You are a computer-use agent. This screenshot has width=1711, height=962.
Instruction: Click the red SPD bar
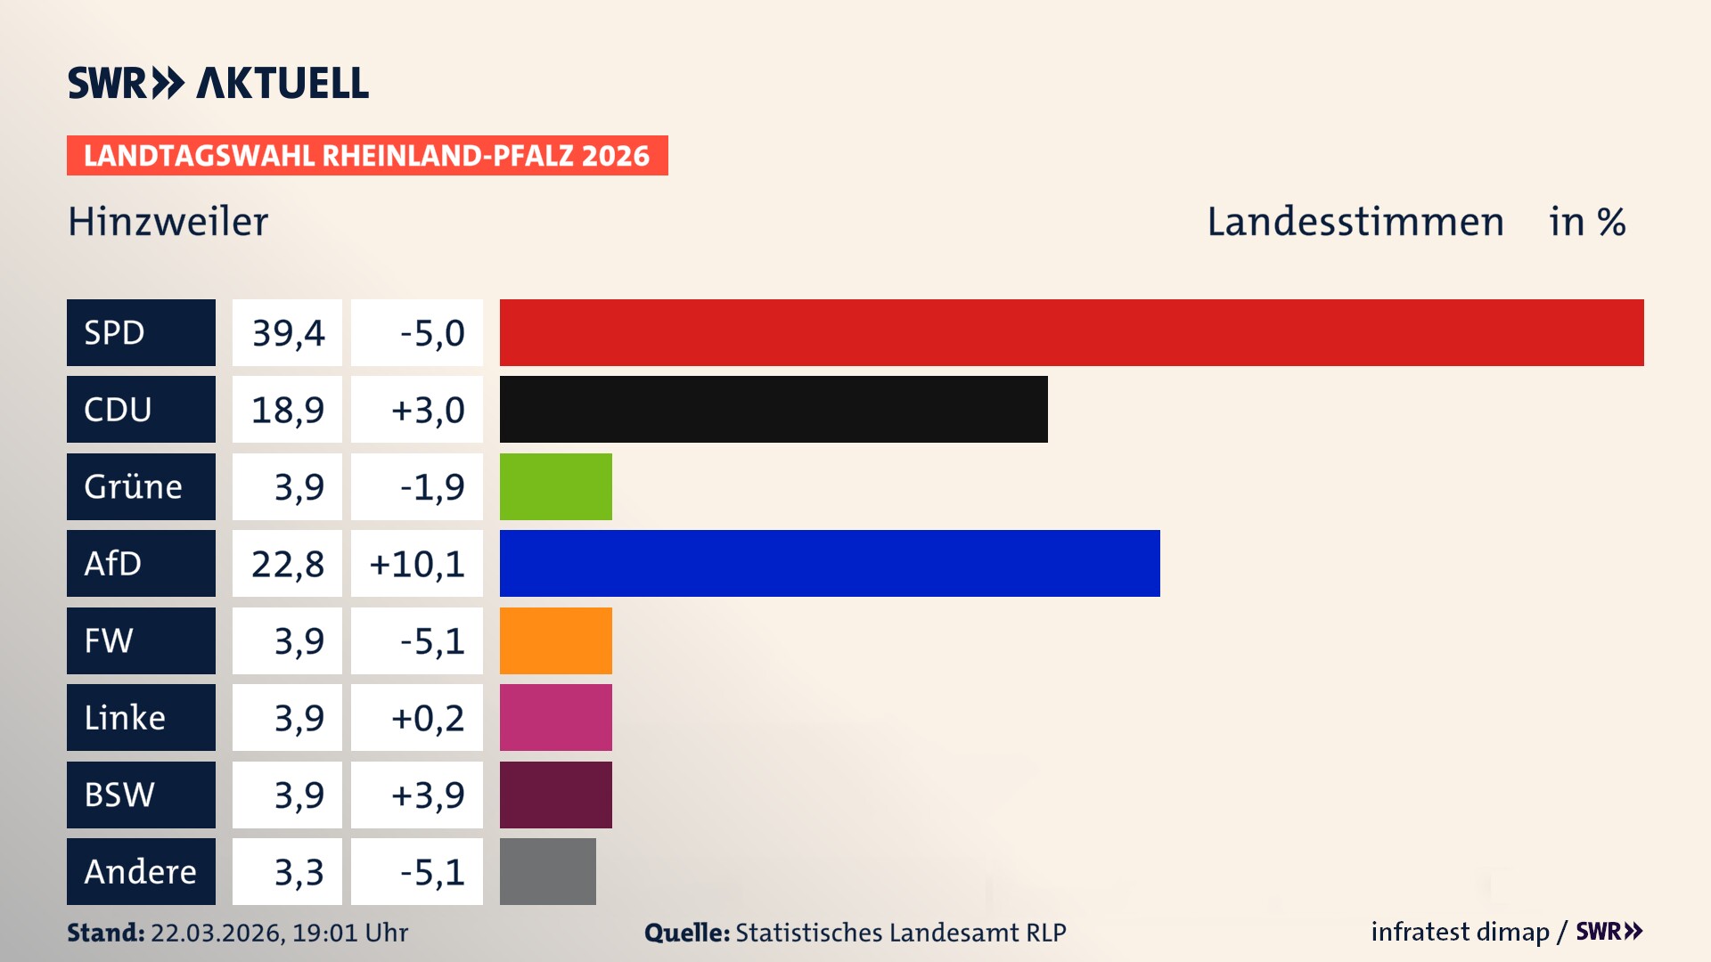coord(1071,332)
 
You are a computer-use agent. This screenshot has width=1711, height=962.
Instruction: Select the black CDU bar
coord(774,409)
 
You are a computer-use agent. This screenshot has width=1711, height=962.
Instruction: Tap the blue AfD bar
coord(829,563)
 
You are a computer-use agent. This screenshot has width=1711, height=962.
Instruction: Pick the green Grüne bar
coord(555,486)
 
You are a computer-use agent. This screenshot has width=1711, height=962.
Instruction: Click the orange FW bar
coord(555,640)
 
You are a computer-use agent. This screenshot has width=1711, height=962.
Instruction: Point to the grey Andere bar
coord(547,871)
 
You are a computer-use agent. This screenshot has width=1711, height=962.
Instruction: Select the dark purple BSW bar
coord(555,795)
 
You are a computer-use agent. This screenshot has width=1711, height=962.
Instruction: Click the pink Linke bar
coord(555,717)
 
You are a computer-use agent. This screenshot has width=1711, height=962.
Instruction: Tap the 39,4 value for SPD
coord(288,333)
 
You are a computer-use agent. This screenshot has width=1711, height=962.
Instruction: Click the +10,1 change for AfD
coord(417,564)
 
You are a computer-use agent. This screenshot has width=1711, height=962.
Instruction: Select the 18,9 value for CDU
coord(288,410)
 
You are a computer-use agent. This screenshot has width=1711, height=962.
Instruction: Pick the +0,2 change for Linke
coord(428,718)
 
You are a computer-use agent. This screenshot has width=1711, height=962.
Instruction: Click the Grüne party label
coord(134,487)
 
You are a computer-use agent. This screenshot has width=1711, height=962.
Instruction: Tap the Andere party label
coord(140,871)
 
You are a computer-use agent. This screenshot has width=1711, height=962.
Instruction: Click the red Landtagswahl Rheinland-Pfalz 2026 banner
coord(367,156)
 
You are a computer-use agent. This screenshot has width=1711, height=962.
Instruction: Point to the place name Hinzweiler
coord(168,222)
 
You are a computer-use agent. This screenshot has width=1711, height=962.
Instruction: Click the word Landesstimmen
coord(1355,222)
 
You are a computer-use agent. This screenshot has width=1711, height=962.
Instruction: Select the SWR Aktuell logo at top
coord(218,83)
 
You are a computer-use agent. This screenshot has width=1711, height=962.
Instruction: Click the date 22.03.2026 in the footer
coord(217,933)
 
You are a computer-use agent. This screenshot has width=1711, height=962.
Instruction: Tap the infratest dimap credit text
coord(1460,932)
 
